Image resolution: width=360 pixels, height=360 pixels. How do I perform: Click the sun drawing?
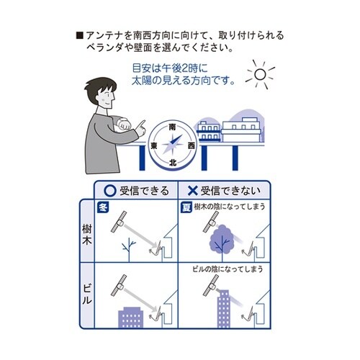pyautogui.click(x=260, y=74)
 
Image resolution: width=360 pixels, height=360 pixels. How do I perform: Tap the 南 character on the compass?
pyautogui.click(x=172, y=127)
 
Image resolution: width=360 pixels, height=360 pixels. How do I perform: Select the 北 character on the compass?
pyautogui.click(x=173, y=163)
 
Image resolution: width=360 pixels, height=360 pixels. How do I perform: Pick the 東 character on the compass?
pyautogui.click(x=154, y=145)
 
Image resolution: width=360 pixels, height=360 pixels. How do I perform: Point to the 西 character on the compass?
pyautogui.click(x=192, y=145)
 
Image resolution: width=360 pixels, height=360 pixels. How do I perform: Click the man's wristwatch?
pyautogui.click(x=123, y=122)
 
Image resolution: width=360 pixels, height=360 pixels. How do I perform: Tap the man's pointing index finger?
pyautogui.click(x=142, y=124)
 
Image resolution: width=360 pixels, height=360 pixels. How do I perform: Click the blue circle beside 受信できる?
pyautogui.click(x=110, y=191)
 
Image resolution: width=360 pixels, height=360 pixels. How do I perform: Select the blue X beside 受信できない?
pyautogui.click(x=192, y=191)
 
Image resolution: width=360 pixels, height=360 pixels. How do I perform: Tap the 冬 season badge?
pyautogui.click(x=103, y=207)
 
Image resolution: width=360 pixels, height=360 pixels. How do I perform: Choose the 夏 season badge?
pyautogui.click(x=186, y=207)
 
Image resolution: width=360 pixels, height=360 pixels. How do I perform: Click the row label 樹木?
pyautogui.click(x=87, y=235)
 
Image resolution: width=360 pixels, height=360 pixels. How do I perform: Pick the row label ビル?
pyautogui.click(x=87, y=294)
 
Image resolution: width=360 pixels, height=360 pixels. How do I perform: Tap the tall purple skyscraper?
pyautogui.click(x=223, y=309)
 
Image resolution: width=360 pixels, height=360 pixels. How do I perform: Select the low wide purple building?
pyautogui.click(x=131, y=318)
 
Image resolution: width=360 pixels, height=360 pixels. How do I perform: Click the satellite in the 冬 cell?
pyautogui.click(x=120, y=222)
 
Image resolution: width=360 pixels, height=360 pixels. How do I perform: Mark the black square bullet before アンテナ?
pyautogui.click(x=79, y=36)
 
